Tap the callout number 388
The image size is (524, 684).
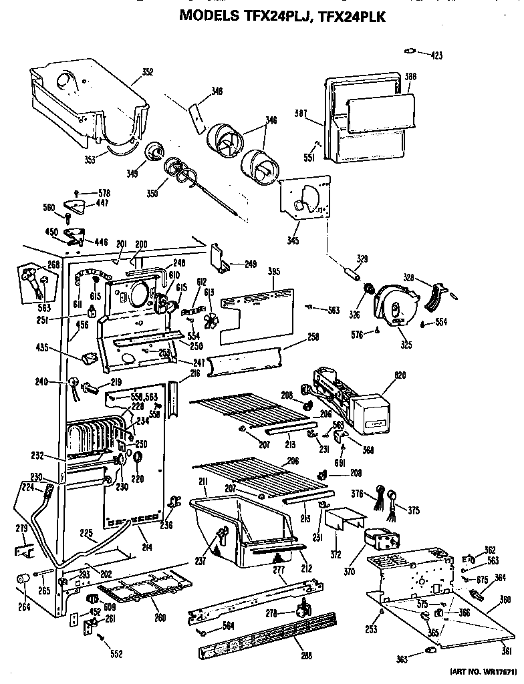[x=410, y=77]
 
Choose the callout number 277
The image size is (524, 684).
[x=279, y=568]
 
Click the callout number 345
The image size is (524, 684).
[x=293, y=240]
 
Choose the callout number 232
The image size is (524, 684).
[x=37, y=456]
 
